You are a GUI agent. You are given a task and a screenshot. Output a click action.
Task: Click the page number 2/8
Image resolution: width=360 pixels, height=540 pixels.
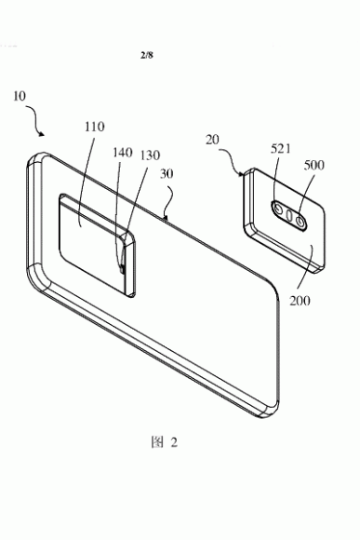pos(147,55)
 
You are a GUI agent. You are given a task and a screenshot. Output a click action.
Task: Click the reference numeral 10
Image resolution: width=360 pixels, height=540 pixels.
pos(20,96)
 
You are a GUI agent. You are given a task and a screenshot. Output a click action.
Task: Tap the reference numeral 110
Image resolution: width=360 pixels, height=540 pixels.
pos(94,127)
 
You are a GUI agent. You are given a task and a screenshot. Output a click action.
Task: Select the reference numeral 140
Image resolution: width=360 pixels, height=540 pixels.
pos(123,152)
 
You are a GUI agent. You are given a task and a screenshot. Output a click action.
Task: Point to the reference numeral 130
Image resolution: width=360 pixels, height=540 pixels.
pos(150,155)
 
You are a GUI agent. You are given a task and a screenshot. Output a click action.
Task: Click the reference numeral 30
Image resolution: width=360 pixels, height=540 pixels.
pos(167,174)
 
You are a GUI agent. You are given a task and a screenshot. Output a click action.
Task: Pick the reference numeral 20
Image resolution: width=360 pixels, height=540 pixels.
pos(212,140)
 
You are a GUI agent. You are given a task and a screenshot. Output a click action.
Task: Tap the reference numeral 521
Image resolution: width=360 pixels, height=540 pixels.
pos(281,149)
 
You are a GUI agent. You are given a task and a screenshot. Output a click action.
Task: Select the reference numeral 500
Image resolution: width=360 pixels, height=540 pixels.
pos(313,166)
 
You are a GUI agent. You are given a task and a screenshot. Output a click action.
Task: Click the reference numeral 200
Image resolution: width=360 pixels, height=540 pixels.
pos(300,301)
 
